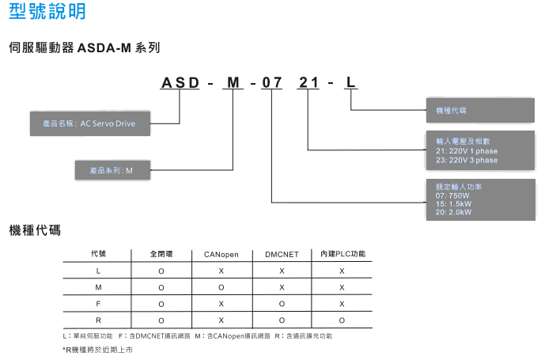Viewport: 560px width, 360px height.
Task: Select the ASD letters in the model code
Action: click(182, 82)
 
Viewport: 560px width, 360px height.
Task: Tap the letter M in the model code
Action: click(233, 82)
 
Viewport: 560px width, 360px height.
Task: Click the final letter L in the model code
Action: click(351, 82)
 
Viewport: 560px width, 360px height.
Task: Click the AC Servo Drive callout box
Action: click(89, 123)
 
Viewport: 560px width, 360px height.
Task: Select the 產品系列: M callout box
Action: click(111, 170)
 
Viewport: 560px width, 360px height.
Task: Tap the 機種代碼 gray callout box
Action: click(479, 109)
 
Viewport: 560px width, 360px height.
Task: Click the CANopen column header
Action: click(221, 254)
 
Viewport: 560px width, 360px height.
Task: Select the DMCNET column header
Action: click(282, 254)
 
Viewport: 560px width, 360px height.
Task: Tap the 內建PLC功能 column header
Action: click(342, 254)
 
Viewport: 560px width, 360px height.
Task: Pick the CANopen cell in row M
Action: click(221, 287)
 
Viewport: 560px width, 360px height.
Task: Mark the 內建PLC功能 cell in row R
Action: click(342, 320)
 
